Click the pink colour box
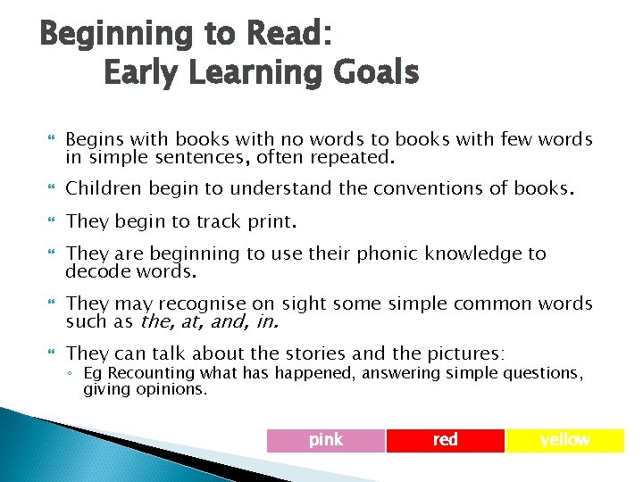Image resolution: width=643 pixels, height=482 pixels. point(326,440)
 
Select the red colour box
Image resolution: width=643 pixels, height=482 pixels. point(445,440)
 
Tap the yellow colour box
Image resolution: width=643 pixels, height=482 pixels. point(564,440)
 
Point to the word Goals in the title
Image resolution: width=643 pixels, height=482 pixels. point(374,71)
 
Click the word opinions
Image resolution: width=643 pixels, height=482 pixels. point(176,389)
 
